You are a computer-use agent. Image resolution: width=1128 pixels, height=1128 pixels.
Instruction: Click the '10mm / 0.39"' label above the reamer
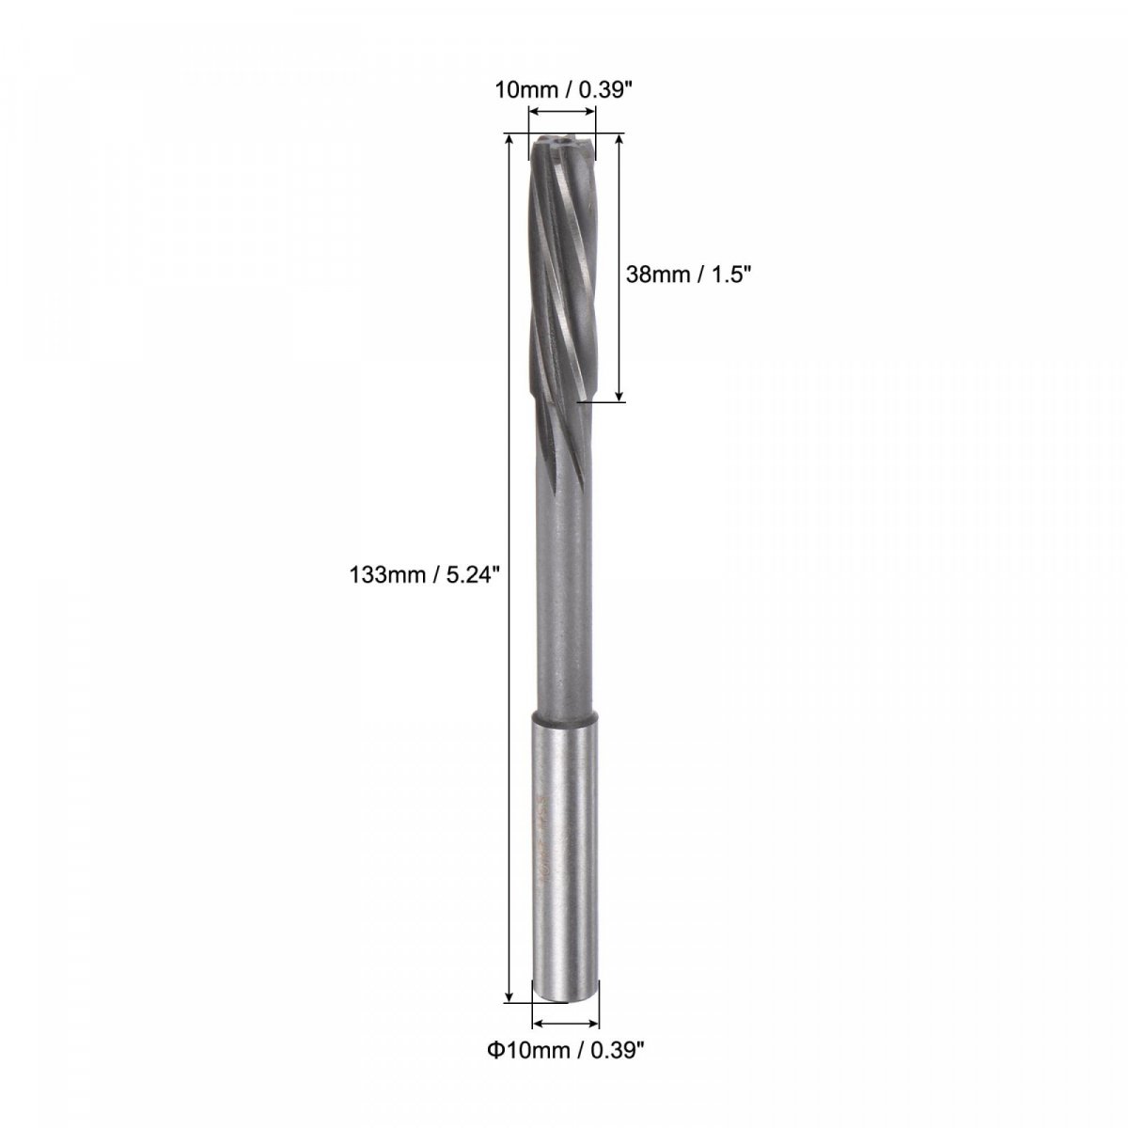pyautogui.click(x=564, y=91)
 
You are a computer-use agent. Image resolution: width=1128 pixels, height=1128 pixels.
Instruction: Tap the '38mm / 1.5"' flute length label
pyautogui.click(x=688, y=274)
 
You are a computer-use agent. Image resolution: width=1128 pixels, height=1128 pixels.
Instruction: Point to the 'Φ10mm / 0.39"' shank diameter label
pyautogui.click(x=566, y=1065)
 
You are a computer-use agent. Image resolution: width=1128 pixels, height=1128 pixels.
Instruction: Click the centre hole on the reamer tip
pyautogui.click(x=564, y=141)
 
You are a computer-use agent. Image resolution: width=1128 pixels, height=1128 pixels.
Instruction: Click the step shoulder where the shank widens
pyautogui.click(x=565, y=716)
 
